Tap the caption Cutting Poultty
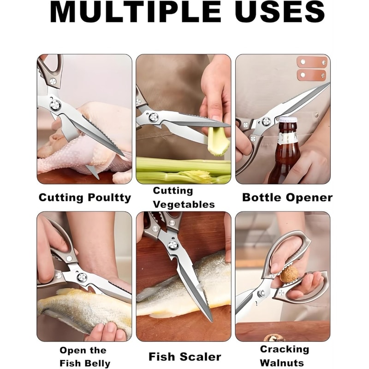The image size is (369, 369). [85, 198]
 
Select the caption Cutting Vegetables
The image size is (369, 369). [184, 197]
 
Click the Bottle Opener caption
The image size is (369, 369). [287, 198]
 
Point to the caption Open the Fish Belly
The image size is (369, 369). [85, 357]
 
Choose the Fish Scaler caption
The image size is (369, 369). [184, 357]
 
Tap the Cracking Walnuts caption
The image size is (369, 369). [284, 356]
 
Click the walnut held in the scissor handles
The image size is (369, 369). [289, 274]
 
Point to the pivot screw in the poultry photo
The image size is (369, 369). [55, 105]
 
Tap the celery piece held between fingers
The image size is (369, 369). [219, 140]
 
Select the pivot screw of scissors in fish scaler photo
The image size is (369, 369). [173, 245]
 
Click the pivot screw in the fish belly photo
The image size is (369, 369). [82, 277]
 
